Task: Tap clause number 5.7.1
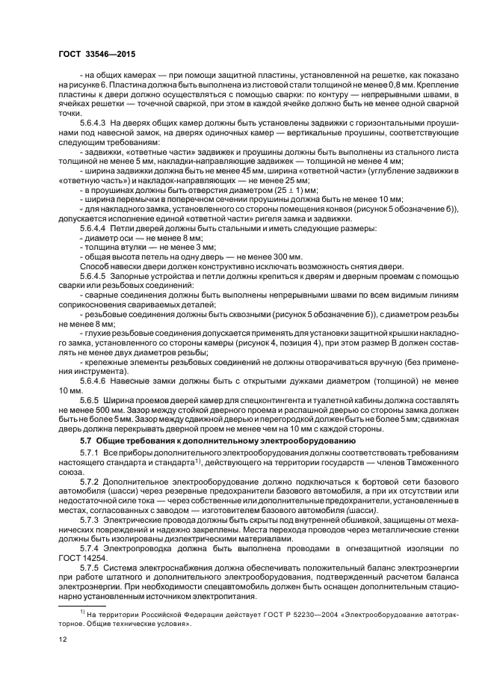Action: coord(89,454)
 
